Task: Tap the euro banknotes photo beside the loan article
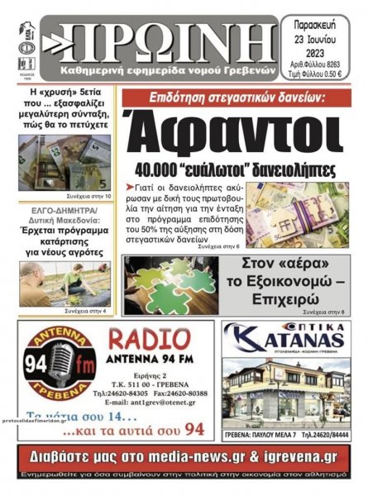pos(307,214)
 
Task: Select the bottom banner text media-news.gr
pos(223,455)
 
